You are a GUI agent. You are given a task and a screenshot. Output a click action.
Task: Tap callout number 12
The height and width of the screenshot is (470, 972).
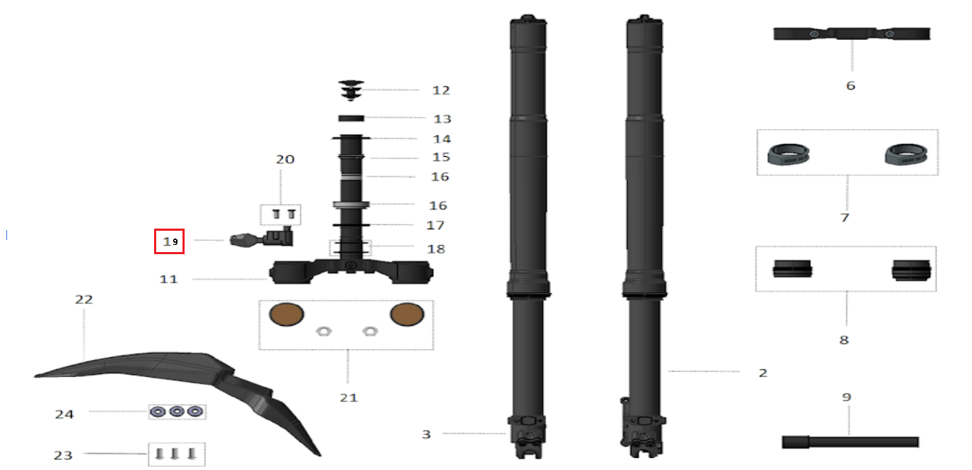(441, 90)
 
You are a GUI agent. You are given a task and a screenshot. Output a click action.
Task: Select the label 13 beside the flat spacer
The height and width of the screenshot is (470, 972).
(442, 119)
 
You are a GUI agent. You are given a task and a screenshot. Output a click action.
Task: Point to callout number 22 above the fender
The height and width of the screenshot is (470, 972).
(84, 300)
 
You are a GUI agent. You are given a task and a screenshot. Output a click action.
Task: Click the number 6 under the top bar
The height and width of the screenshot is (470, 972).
(851, 85)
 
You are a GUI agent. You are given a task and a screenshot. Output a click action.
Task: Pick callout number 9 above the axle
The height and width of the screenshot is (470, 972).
(846, 397)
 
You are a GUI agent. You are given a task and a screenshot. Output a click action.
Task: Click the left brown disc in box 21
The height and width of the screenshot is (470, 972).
(286, 315)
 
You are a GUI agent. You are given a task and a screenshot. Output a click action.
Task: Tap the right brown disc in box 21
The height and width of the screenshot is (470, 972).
(407, 315)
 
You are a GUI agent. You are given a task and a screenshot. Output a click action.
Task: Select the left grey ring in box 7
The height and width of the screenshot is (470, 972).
(788, 155)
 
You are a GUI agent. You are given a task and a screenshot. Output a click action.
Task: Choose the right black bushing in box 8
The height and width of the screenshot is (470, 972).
(911, 270)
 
